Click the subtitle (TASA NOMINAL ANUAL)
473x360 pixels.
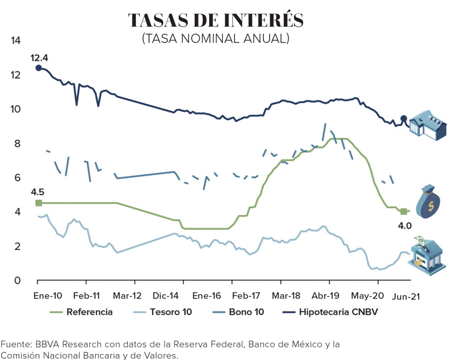(215, 39)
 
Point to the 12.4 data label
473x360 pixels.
(39, 57)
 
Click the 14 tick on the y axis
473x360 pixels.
(16, 41)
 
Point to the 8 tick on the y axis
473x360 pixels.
(17, 144)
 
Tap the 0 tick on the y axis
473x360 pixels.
(17, 281)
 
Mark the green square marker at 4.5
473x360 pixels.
(38, 203)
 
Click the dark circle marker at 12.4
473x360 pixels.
(38, 68)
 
